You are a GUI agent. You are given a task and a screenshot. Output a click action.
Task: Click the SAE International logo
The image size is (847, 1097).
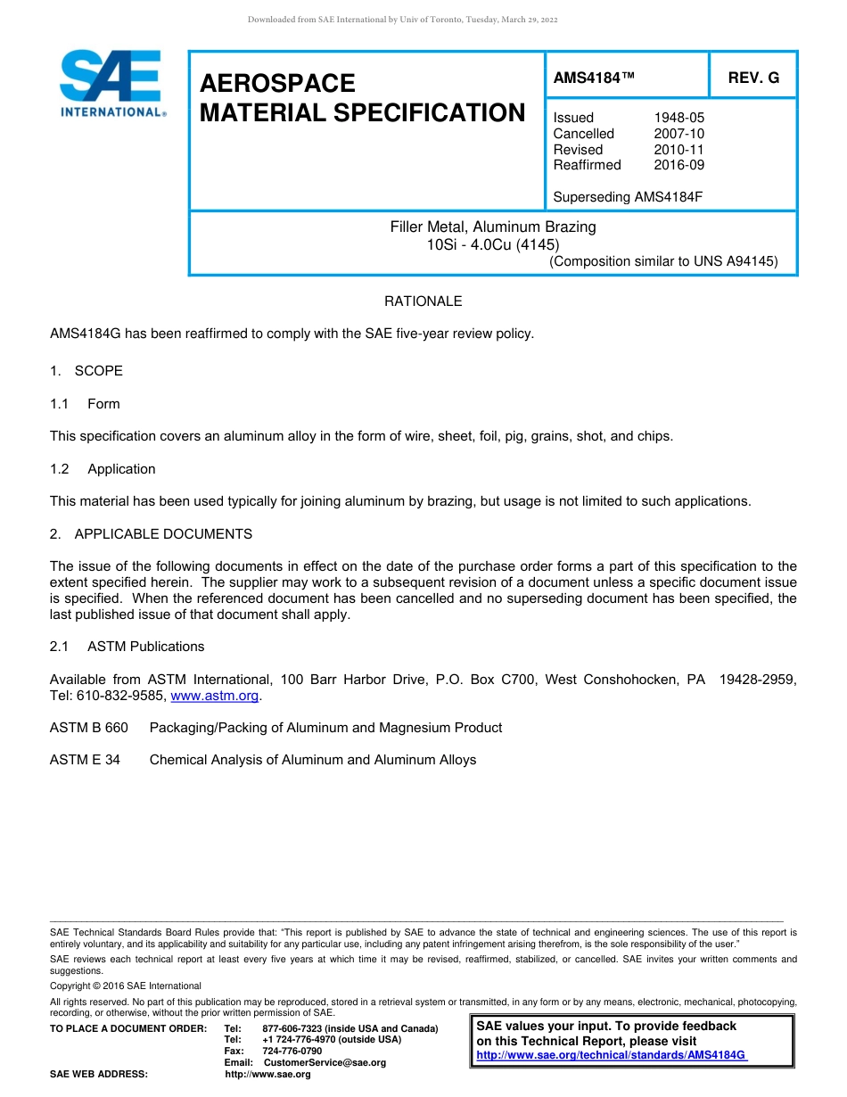[x=111, y=83]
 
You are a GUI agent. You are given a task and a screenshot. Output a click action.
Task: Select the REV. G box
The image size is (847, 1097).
[x=753, y=78]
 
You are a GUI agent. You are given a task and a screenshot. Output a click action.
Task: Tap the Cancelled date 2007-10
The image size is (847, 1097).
[x=678, y=134]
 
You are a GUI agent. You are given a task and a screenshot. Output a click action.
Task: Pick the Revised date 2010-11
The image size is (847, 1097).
[x=678, y=150]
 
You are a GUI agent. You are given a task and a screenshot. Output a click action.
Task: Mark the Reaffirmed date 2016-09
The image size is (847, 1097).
[x=678, y=165]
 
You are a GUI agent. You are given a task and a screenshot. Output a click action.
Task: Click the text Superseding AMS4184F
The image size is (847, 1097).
[x=628, y=196]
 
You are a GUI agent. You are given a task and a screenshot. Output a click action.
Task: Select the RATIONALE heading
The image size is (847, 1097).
[x=423, y=301]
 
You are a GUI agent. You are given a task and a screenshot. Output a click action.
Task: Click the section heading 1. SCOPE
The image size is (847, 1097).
[x=86, y=371]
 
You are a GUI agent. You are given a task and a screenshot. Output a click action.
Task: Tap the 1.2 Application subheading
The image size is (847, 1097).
[x=103, y=469]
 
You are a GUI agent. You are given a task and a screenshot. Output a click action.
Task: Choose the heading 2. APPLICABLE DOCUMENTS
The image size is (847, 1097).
[x=151, y=534]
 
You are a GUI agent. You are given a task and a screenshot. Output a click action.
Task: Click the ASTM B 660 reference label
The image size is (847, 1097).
[x=89, y=728]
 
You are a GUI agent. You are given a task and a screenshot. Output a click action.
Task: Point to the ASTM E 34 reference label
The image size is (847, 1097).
[x=85, y=760]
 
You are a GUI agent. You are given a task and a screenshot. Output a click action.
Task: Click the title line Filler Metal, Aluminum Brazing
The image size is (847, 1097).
[x=493, y=227]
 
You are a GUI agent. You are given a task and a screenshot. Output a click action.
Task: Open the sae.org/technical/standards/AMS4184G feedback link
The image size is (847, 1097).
[x=611, y=1055]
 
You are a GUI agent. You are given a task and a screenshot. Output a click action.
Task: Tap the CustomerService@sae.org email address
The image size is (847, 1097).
[x=325, y=1062]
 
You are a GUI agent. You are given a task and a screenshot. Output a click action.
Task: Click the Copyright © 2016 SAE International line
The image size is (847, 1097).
[x=126, y=986]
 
